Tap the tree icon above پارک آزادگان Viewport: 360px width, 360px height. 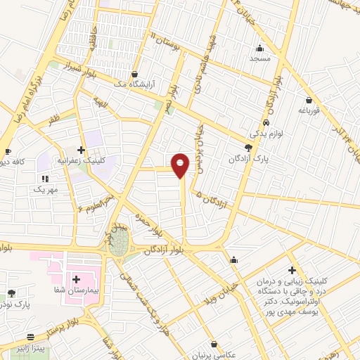247,148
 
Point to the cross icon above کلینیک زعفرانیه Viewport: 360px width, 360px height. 82,150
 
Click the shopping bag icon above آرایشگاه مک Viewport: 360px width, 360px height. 134,73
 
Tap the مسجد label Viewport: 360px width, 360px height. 260,59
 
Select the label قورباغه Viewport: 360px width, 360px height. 309,110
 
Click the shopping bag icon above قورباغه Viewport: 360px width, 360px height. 309,100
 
